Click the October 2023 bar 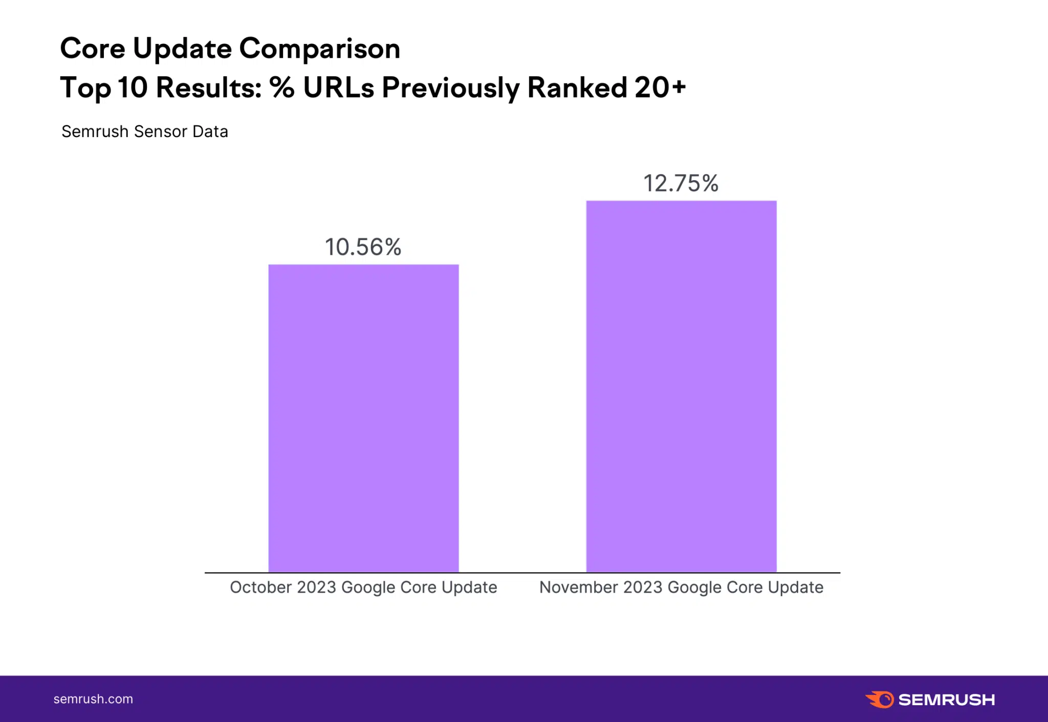(363, 418)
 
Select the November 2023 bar (681, 386)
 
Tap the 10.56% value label (363, 247)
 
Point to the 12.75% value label (681, 183)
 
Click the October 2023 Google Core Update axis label (363, 587)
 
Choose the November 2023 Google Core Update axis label (682, 587)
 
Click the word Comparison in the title (320, 49)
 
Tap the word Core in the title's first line (93, 49)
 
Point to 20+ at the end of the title (660, 87)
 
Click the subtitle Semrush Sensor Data (145, 132)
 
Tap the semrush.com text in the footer (93, 699)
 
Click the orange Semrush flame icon (880, 699)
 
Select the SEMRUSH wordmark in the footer (947, 699)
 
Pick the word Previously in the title (451, 88)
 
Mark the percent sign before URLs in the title (282, 87)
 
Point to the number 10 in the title (133, 87)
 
